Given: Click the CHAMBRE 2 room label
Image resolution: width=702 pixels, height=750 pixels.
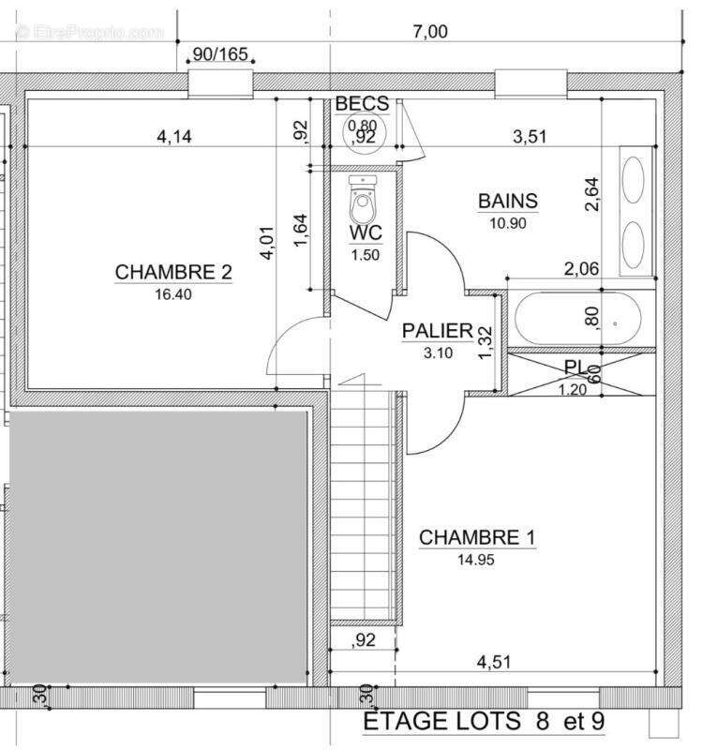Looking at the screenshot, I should (173, 272).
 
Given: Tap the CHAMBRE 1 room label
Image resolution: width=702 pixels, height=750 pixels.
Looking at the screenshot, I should (477, 537).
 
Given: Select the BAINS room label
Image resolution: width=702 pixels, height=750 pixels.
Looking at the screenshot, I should (508, 201).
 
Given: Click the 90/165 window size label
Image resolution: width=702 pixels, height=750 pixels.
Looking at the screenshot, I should (220, 54).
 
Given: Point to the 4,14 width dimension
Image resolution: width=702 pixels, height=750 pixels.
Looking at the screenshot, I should (174, 137).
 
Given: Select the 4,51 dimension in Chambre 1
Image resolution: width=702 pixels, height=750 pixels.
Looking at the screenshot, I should (496, 662).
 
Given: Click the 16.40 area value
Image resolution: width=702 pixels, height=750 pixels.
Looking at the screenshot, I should (173, 292).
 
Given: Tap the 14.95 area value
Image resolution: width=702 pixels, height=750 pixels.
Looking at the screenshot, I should (477, 559).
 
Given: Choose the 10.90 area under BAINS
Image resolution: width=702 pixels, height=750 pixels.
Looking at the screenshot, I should (508, 222).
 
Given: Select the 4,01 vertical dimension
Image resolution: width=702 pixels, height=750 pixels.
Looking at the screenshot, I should (269, 241).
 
